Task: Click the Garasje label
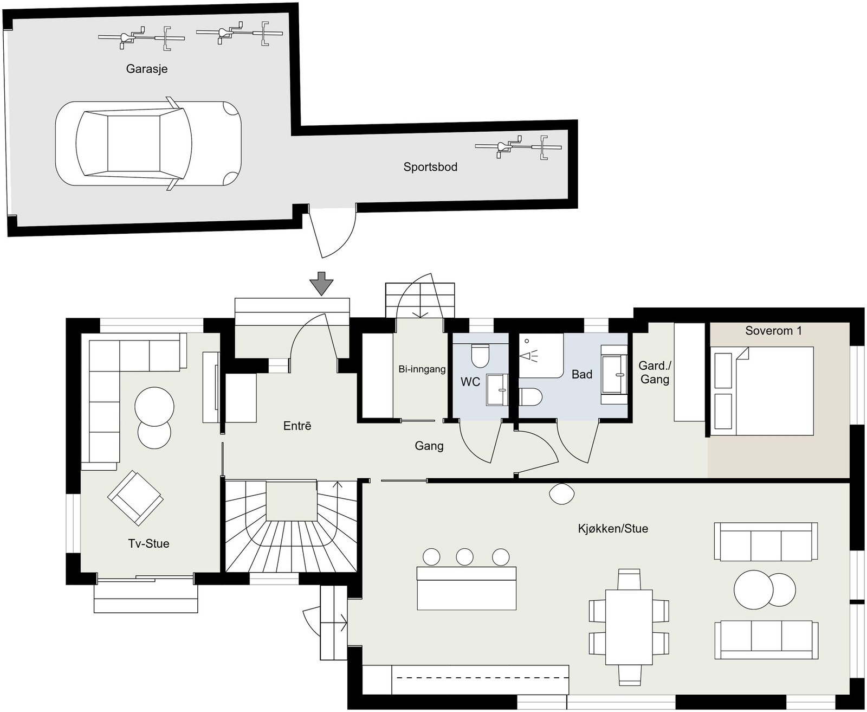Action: pyautogui.click(x=147, y=69)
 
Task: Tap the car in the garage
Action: pyautogui.click(x=148, y=143)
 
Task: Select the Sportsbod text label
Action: pyautogui.click(x=430, y=166)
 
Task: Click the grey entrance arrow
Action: pyautogui.click(x=321, y=284)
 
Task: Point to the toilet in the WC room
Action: pyautogui.click(x=480, y=356)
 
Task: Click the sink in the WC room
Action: pyautogui.click(x=497, y=389)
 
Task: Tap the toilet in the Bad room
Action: pyautogui.click(x=530, y=397)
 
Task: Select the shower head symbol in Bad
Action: pyautogui.click(x=529, y=355)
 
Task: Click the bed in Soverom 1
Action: pyautogui.click(x=762, y=391)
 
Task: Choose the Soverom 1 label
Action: pyautogui.click(x=773, y=331)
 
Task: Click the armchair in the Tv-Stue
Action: pyautogui.click(x=135, y=498)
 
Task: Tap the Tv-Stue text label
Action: pyautogui.click(x=148, y=543)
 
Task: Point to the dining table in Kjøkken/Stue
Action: pyautogui.click(x=629, y=627)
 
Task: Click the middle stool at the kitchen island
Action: pyautogui.click(x=464, y=557)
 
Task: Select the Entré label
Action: pyautogui.click(x=297, y=426)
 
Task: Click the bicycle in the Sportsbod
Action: pyautogui.click(x=519, y=147)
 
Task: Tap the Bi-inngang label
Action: pyautogui.click(x=422, y=369)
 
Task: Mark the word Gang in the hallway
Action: pyautogui.click(x=429, y=446)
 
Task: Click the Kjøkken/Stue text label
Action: pyautogui.click(x=613, y=529)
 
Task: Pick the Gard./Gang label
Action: pyautogui.click(x=655, y=372)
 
